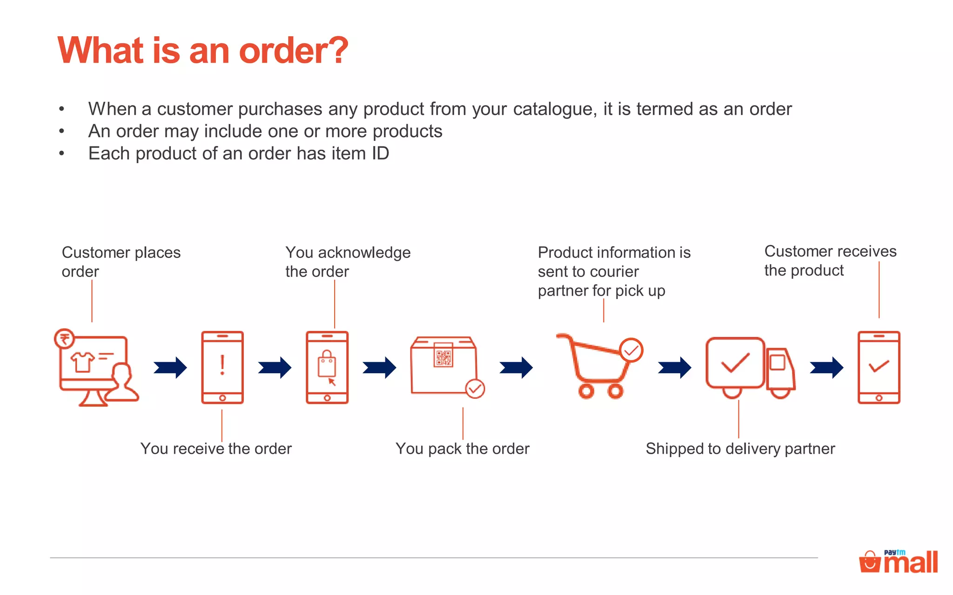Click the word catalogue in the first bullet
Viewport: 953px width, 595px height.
(554, 109)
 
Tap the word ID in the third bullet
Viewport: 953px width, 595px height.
(380, 153)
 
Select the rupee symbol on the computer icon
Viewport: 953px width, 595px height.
(64, 338)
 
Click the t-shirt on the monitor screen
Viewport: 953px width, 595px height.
(82, 362)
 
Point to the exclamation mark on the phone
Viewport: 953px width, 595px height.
(222, 365)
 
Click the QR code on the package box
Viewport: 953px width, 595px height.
(443, 357)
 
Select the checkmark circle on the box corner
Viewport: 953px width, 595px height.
(475, 389)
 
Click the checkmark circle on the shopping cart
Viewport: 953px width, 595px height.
(631, 350)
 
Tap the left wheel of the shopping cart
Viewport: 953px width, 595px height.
(586, 391)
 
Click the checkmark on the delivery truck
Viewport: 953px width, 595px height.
(735, 363)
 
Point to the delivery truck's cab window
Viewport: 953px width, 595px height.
(777, 362)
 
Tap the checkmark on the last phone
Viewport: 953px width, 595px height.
(879, 366)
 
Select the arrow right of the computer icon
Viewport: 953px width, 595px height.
(170, 368)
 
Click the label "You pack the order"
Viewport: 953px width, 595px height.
(462, 449)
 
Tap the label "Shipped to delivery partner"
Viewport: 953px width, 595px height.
(740, 449)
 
